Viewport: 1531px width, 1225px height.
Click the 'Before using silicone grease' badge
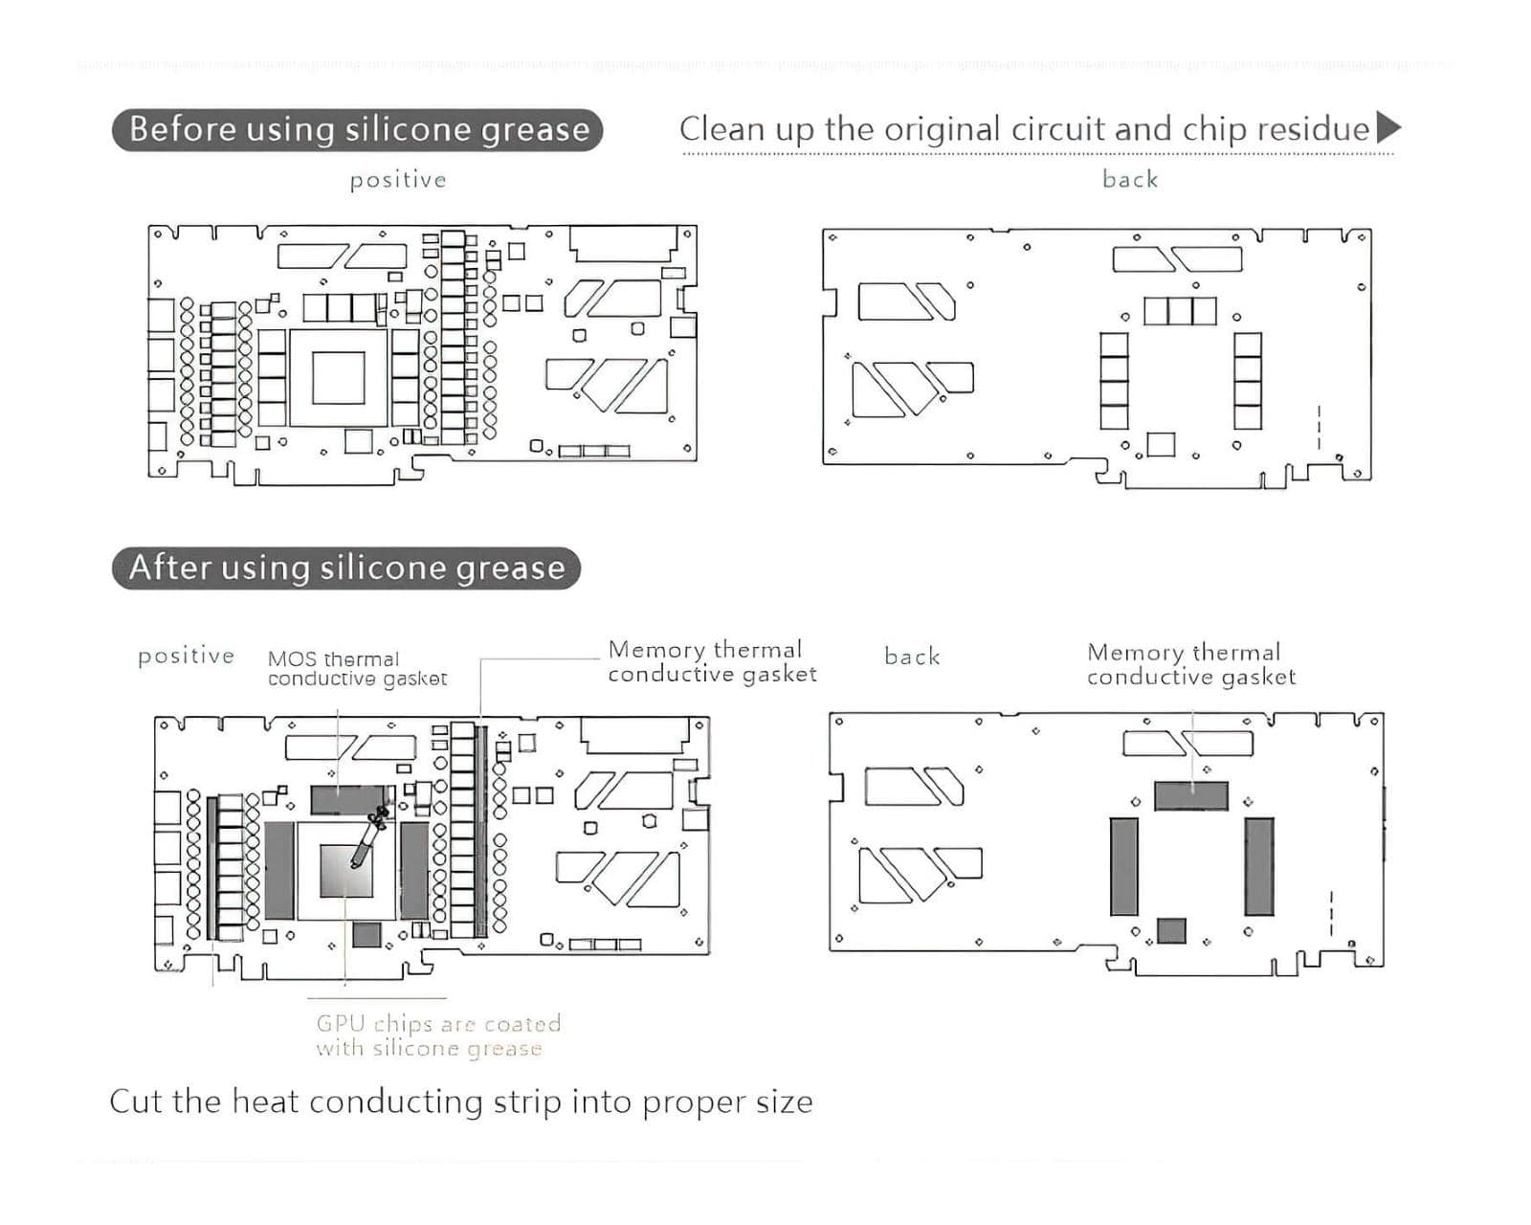(357, 129)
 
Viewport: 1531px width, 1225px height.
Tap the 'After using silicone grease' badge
(346, 568)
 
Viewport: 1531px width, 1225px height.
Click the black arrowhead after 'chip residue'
(1387, 127)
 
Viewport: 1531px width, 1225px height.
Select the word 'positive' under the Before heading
(398, 180)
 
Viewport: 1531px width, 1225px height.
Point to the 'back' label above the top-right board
(1130, 179)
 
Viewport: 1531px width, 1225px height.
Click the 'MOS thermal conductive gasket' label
(356, 668)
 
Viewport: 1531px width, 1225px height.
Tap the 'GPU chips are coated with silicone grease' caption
(438, 1036)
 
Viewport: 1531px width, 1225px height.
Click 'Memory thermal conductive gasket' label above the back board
(1190, 664)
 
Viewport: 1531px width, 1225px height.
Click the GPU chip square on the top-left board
(338, 377)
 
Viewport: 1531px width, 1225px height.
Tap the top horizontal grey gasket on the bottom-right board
(1190, 795)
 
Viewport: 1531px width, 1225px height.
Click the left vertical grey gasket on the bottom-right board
(1124, 865)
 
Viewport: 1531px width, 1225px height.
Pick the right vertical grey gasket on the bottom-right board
(1259, 865)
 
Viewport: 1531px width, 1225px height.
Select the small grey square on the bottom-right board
(1171, 929)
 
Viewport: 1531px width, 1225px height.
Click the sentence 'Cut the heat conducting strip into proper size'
(461, 1102)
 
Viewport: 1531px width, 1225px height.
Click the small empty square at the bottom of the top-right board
(1161, 444)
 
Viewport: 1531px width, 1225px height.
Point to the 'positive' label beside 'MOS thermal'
(186, 657)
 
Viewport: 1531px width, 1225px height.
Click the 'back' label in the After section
(911, 657)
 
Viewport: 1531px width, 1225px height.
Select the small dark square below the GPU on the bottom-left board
(366, 933)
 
